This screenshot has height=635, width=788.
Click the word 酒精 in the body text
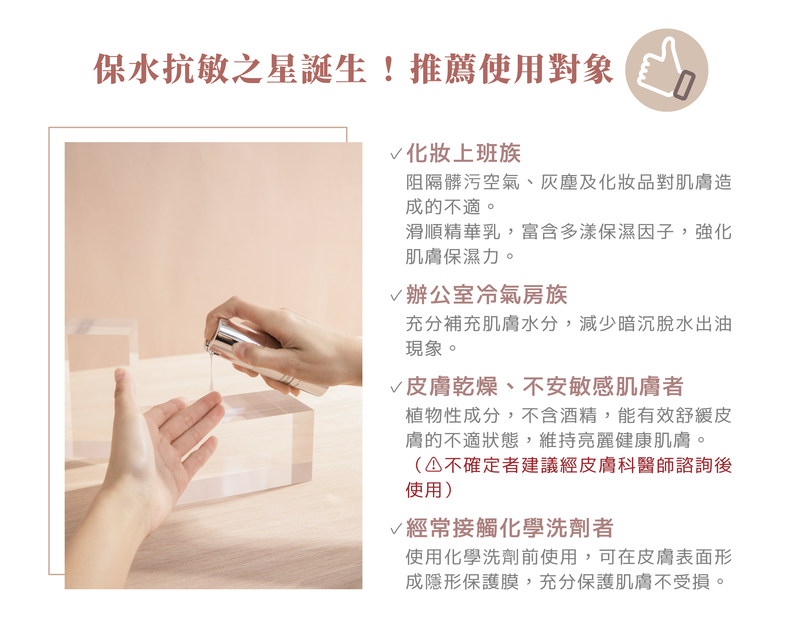click(x=578, y=415)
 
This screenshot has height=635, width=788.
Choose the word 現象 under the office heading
click(x=424, y=348)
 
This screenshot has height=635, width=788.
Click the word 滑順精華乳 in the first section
click(x=453, y=232)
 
